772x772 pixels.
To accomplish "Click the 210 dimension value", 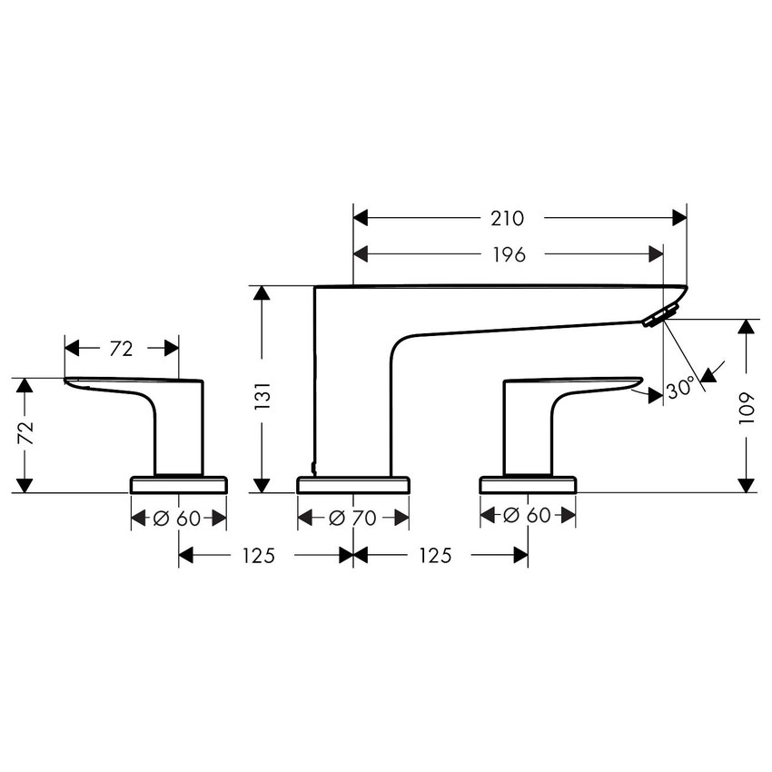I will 508,218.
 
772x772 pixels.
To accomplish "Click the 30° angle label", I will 681,388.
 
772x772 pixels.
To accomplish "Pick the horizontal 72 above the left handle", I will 122,348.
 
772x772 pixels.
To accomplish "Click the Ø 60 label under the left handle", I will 178,518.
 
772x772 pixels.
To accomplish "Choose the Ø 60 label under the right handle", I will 528,516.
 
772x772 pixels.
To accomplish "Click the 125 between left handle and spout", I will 258,556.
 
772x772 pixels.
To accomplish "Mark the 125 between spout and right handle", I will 434,556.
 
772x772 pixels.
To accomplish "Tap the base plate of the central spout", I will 353,484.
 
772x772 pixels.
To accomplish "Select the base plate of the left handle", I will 178,484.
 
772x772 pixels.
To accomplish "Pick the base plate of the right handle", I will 528,484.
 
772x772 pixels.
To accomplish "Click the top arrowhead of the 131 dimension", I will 262,293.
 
